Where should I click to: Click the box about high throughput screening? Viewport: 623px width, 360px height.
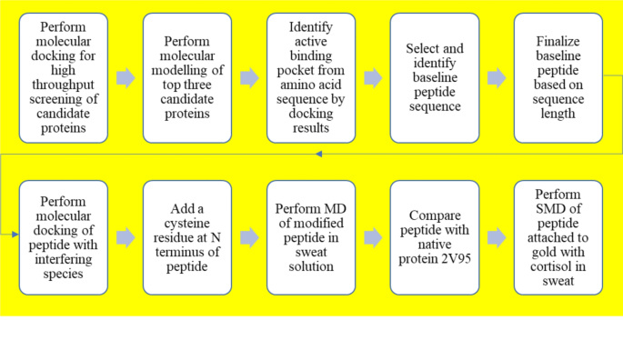[64, 78]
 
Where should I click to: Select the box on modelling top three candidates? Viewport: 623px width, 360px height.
[187, 78]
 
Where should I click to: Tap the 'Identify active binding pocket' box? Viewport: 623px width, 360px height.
[310, 78]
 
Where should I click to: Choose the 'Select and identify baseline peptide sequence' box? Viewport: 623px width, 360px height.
[435, 78]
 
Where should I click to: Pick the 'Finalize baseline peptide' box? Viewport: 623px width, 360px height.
[558, 78]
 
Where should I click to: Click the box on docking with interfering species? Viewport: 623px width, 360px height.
[64, 237]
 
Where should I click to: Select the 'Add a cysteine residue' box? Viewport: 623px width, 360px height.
[187, 237]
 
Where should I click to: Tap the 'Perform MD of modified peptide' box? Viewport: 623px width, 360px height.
[310, 237]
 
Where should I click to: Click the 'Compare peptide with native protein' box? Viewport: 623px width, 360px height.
[435, 237]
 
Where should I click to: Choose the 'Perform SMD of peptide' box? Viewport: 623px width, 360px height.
[558, 237]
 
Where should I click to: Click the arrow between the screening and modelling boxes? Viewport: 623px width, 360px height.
[126, 78]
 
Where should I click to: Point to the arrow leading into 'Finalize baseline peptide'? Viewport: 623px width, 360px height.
[497, 78]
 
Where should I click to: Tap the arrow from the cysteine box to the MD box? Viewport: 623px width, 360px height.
[249, 237]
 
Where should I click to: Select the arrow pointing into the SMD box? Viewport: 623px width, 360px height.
[497, 237]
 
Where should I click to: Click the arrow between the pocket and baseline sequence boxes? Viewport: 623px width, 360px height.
[373, 78]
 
